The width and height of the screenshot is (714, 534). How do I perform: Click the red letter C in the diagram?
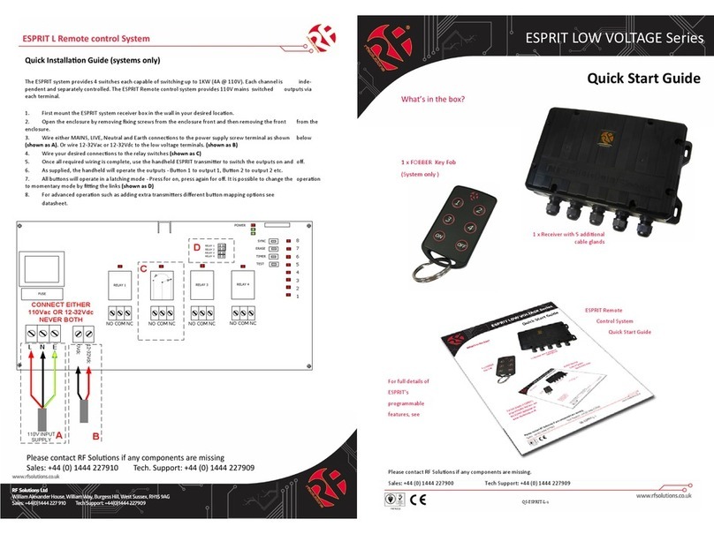(145, 268)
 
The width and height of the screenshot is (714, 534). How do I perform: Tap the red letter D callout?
(196, 248)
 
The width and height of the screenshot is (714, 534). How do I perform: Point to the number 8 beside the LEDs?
(297, 240)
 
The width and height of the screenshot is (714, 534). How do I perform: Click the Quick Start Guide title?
(644, 79)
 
